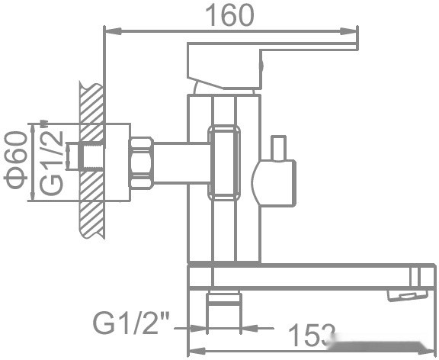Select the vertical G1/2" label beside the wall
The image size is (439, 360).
pos(52,161)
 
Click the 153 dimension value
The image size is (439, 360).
pos(312,333)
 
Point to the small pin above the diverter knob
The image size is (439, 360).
pos(278,146)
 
